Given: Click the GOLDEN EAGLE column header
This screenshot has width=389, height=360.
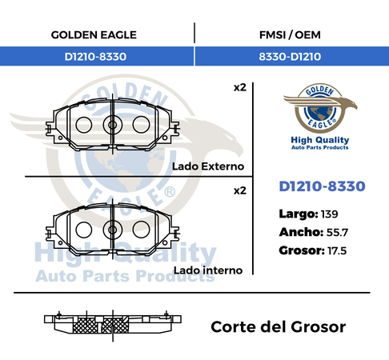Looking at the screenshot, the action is point(94,35).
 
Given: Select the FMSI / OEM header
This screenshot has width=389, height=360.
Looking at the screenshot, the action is point(290,35).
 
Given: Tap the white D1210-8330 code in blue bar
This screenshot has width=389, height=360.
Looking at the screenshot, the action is point(95,57).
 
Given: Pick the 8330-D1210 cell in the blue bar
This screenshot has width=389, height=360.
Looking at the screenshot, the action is point(290,57).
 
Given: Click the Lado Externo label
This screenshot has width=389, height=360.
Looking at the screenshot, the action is point(208,166).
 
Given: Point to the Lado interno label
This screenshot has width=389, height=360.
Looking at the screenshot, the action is point(208,270).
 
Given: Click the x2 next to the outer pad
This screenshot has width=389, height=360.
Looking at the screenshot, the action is point(240,87).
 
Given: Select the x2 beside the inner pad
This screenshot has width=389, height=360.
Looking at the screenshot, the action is point(240,190).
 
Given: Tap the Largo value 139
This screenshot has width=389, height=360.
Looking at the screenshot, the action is point(329,214).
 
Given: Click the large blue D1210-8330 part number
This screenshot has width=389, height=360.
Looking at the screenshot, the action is point(322,186).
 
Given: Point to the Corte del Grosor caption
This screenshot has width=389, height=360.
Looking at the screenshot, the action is point(279,326).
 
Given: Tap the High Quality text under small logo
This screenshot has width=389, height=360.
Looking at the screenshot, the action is point(320,140).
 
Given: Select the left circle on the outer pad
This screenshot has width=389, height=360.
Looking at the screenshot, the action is point(84,125).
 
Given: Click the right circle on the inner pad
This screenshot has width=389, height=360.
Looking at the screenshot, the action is point(141,230).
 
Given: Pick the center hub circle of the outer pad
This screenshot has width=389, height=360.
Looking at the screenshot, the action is point(113,125).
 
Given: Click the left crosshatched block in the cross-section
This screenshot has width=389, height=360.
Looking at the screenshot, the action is point(85,326).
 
